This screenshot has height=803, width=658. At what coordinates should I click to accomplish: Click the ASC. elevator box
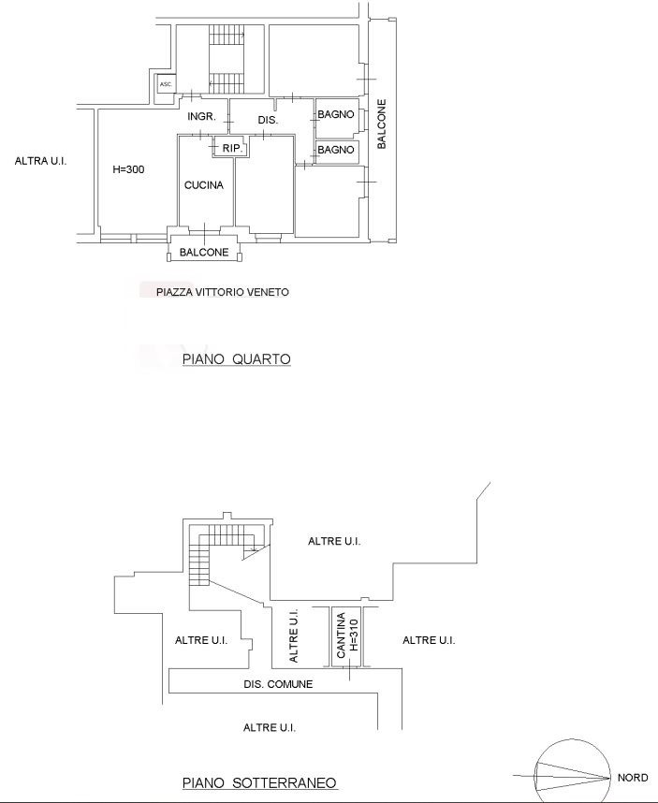166,84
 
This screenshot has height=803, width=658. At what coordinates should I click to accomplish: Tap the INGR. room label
201,117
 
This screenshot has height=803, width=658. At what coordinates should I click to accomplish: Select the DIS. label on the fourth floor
268,121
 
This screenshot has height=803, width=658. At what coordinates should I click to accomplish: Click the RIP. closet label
232,149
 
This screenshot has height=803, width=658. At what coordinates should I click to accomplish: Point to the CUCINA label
204,185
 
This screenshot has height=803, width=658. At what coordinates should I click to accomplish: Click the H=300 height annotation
128,169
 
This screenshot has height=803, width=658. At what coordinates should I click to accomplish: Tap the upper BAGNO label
336,115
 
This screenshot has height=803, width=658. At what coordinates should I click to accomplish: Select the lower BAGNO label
336,150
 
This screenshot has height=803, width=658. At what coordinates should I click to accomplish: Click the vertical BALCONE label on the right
382,124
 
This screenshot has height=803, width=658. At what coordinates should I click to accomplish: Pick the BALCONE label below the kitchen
204,253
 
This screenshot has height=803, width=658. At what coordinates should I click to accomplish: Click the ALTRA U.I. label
40,161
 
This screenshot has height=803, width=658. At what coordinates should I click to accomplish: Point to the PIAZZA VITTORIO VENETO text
223,292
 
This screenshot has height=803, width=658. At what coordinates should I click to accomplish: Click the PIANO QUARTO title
237,359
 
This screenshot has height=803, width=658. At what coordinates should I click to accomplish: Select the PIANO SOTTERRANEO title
259,783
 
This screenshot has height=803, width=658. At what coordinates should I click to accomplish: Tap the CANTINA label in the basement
341,635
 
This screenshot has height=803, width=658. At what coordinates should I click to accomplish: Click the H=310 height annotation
353,635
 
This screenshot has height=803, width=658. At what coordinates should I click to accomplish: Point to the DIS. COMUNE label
278,684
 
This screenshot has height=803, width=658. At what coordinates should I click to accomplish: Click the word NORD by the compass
633,778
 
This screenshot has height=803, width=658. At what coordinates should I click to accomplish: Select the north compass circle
573,740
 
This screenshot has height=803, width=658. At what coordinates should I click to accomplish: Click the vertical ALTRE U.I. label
293,635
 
